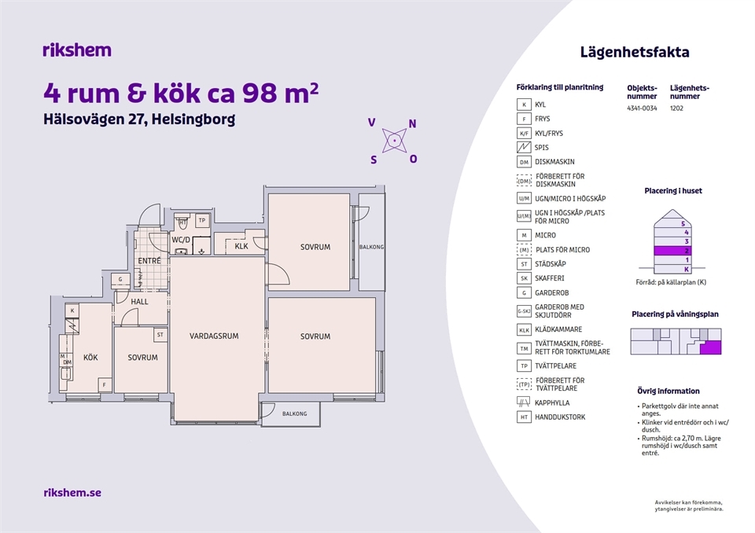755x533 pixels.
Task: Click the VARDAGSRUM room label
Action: point(214,336)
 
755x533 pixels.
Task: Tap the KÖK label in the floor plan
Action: point(90,357)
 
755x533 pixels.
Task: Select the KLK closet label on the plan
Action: point(241,246)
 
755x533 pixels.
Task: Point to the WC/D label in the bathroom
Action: point(181,239)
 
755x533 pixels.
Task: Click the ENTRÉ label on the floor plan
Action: point(149,260)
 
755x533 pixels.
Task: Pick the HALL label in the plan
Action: point(140,302)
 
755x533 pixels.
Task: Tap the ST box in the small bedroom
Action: point(160,335)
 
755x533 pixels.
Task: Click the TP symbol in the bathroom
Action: point(202,221)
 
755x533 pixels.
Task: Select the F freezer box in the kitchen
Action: point(105,384)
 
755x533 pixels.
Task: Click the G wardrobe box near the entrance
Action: point(120,279)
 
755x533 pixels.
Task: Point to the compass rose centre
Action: point(394,141)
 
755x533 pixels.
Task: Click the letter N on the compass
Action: point(412,123)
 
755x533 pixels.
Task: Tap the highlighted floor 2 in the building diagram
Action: point(672,251)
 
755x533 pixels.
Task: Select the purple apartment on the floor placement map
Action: point(711,347)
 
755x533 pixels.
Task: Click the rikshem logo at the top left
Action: point(77,50)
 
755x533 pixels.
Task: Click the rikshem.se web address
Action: point(72,493)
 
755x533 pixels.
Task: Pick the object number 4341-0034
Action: point(642,108)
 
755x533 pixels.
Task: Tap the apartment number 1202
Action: point(676,108)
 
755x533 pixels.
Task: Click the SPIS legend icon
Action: point(524,147)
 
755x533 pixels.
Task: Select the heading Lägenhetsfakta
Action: point(635,52)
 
